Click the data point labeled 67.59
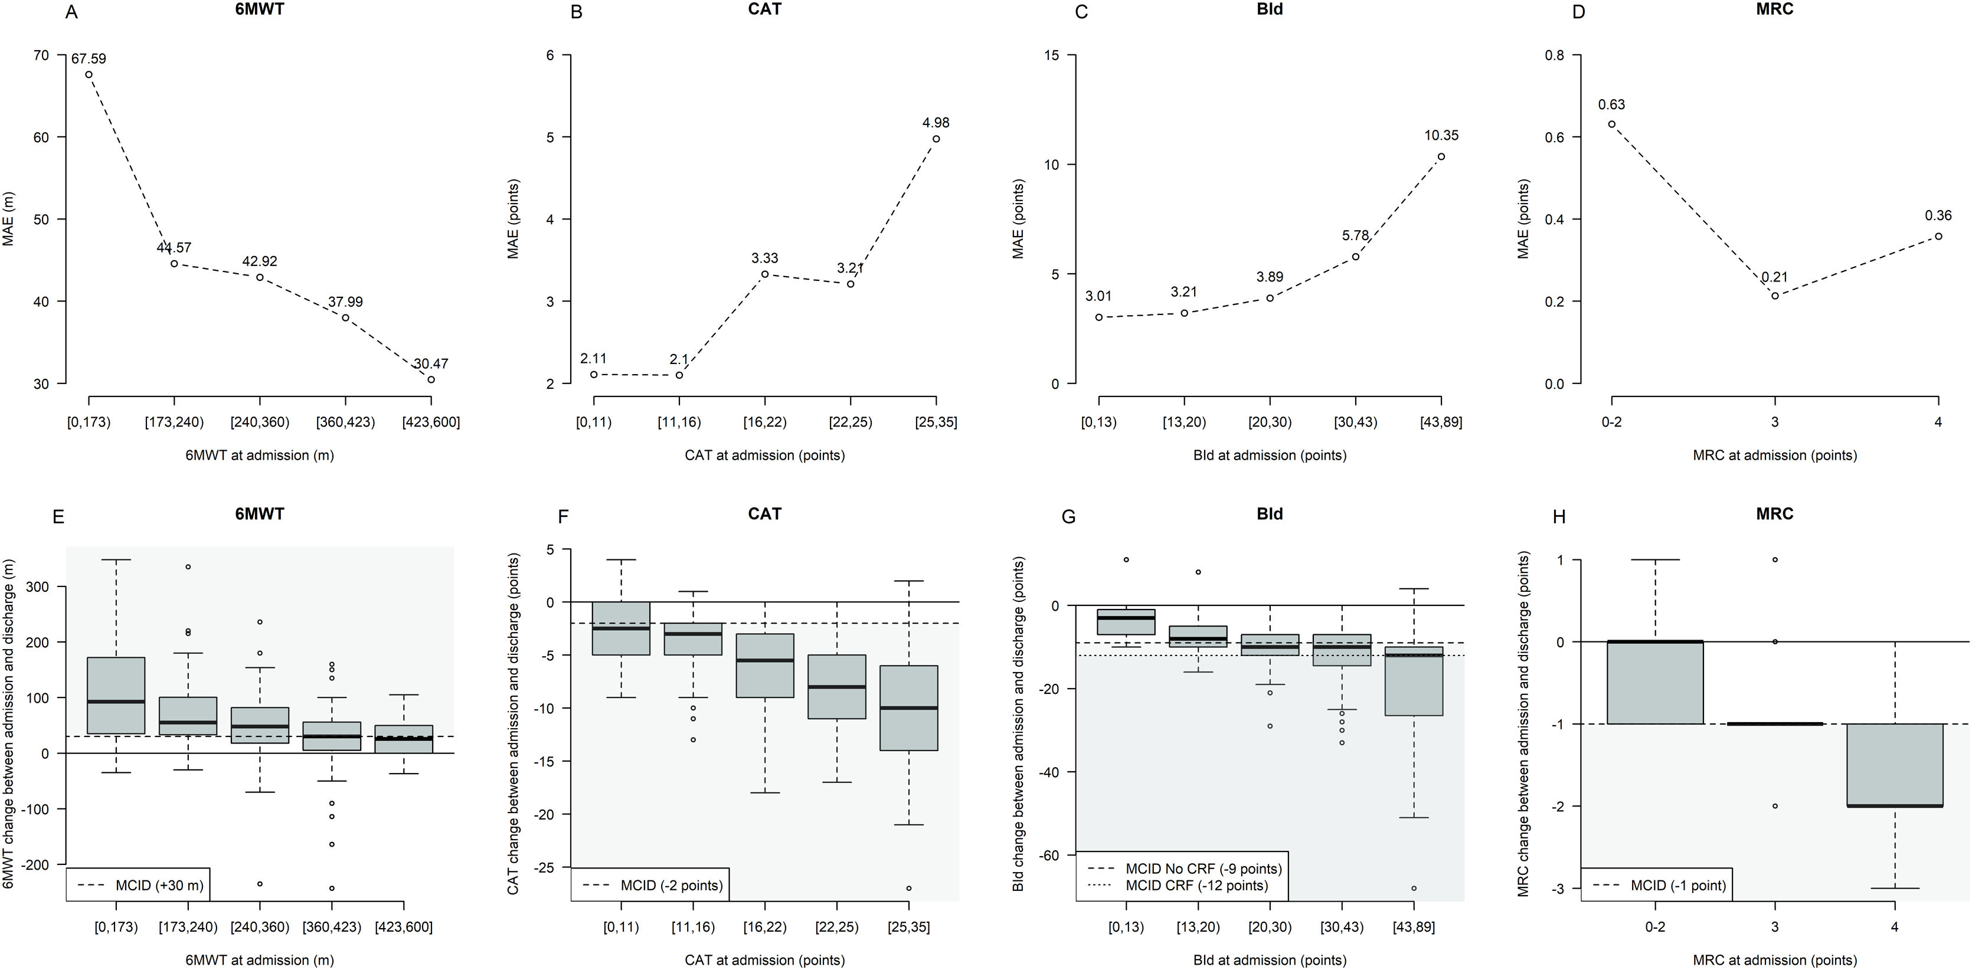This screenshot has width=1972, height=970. [89, 75]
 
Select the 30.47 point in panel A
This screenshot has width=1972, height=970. [431, 379]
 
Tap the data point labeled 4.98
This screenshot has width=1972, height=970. [936, 139]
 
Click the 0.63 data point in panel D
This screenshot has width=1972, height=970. [1611, 124]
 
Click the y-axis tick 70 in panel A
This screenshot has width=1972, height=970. [41, 55]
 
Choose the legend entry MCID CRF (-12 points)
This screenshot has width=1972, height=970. [1196, 885]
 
